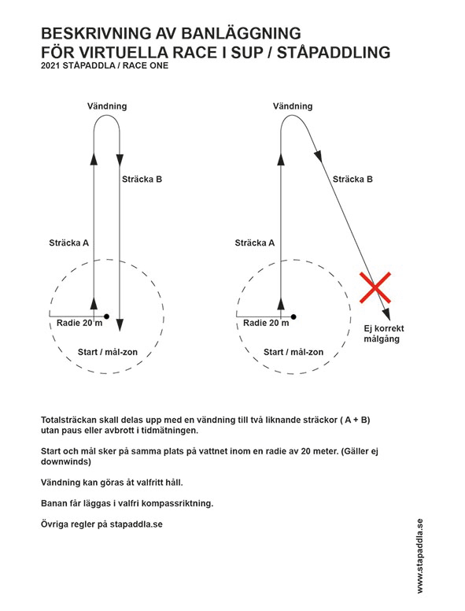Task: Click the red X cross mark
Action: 375,287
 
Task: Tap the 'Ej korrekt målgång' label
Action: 384,334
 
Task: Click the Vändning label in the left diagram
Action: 107,106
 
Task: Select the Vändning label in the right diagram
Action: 293,106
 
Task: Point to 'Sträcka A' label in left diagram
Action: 69,243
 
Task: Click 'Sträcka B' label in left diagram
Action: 142,180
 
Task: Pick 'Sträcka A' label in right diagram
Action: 255,243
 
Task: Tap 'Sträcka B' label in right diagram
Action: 352,180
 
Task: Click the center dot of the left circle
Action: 107,317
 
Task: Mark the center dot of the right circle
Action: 293,317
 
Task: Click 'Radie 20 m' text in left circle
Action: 79,323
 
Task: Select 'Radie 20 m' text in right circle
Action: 266,323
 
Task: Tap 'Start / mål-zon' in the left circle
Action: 108,352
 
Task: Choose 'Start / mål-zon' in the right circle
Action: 293,352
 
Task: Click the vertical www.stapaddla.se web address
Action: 419,556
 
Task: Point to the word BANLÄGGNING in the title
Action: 241,34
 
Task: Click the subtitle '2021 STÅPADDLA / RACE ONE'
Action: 105,65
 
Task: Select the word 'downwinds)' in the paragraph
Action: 66,461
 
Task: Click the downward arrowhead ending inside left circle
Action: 120,325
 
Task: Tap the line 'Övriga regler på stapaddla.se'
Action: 101,524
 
